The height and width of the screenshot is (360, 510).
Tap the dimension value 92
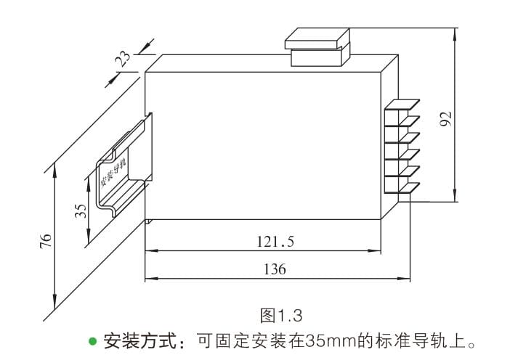pos(446,118)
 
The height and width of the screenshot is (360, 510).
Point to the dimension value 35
pos(81,210)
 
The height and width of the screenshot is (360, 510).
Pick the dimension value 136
pos(275,269)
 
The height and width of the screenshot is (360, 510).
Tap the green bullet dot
pos(92,340)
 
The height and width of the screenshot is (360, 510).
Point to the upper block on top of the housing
pos(317,37)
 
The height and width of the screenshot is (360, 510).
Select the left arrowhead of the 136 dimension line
pos(149,278)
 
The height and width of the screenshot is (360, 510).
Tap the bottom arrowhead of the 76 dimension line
pos(54,306)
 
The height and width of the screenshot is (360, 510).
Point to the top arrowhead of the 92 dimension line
pos(456,31)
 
